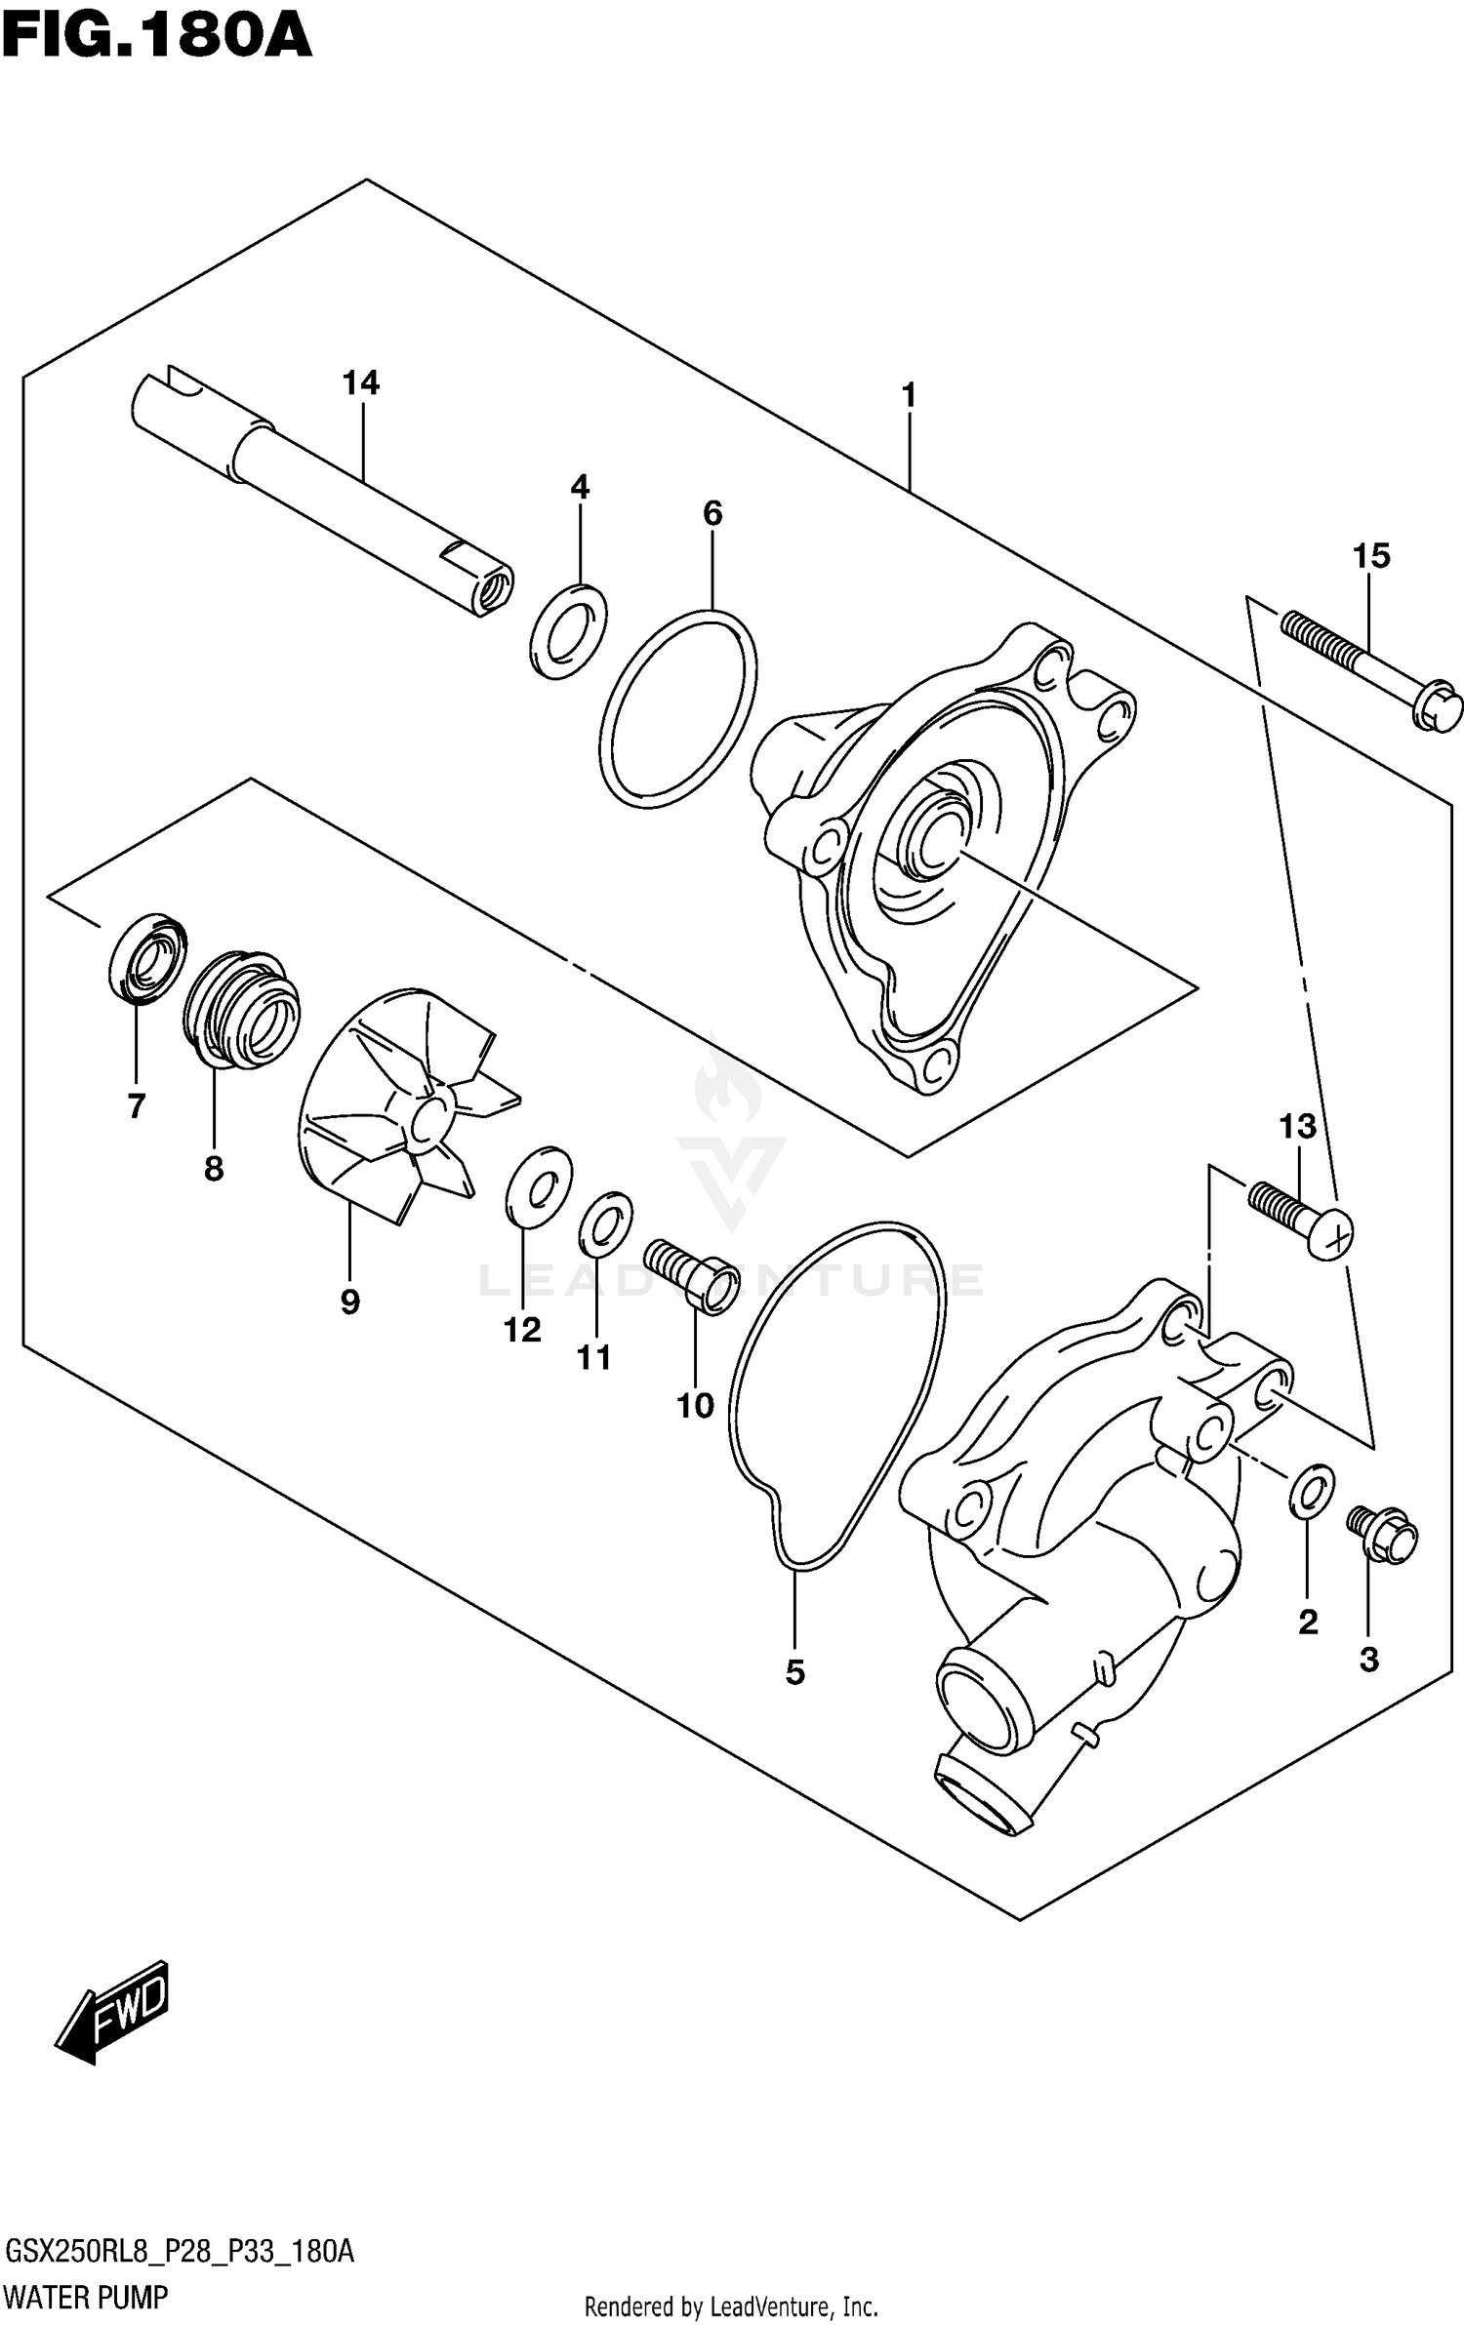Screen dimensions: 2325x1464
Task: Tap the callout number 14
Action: point(360,382)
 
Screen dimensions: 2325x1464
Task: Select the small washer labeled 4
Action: point(568,632)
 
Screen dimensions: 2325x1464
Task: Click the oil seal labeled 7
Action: point(147,957)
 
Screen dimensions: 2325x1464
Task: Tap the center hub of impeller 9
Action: point(429,1121)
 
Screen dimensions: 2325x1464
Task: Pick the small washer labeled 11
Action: point(605,1224)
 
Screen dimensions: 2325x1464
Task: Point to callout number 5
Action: point(794,1672)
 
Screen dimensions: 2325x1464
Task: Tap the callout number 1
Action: point(909,396)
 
